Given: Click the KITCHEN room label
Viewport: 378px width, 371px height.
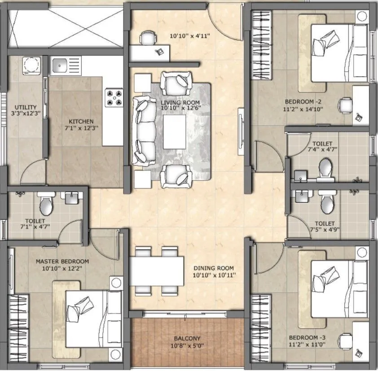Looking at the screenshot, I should click(x=81, y=121).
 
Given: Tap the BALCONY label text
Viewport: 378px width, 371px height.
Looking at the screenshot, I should click(x=189, y=338).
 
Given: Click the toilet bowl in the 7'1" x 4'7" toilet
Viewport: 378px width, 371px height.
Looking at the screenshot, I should click(x=46, y=205).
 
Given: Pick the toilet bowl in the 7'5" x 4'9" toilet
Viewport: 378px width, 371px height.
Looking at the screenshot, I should click(x=327, y=203).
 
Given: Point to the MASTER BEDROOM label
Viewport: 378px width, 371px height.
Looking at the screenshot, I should click(x=62, y=262).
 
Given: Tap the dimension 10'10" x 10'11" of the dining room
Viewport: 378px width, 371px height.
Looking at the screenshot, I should click(x=215, y=275).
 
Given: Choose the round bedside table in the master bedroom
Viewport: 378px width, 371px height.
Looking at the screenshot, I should click(x=116, y=284).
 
